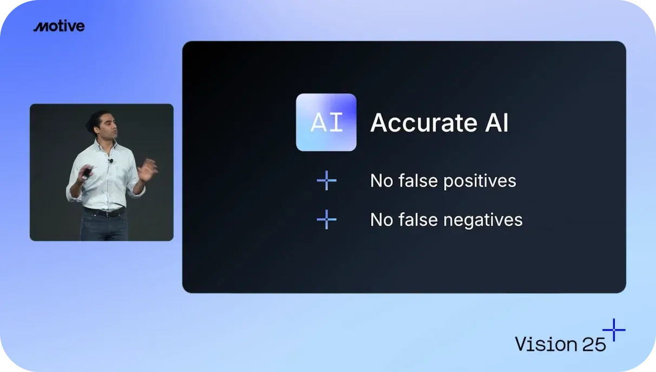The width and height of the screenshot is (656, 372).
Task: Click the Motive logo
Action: pyautogui.click(x=59, y=26)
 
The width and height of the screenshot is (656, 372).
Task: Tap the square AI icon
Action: pyautogui.click(x=326, y=122)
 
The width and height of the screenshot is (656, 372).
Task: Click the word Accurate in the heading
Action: pyautogui.click(x=424, y=123)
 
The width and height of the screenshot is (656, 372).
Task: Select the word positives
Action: pyautogui.click(x=480, y=181)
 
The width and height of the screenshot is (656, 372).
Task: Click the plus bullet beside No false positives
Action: pyautogui.click(x=326, y=180)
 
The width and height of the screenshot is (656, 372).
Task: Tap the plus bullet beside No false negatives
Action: pyautogui.click(x=326, y=219)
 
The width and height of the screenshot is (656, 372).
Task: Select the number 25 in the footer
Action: pyautogui.click(x=594, y=344)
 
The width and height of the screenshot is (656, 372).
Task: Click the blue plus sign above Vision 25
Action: pyautogui.click(x=614, y=330)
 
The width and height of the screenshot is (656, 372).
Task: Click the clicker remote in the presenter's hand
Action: pyautogui.click(x=87, y=172)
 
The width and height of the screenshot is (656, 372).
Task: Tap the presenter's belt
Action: pyautogui.click(x=104, y=212)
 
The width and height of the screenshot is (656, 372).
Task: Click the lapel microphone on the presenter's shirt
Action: pyautogui.click(x=111, y=161)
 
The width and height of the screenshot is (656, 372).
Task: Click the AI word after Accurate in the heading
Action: pyautogui.click(x=497, y=123)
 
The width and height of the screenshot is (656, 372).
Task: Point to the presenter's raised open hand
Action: pyautogui.click(x=148, y=169)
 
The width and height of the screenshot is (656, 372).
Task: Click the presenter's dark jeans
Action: pyautogui.click(x=104, y=228)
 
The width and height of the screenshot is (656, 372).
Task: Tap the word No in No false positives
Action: pyautogui.click(x=382, y=181)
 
